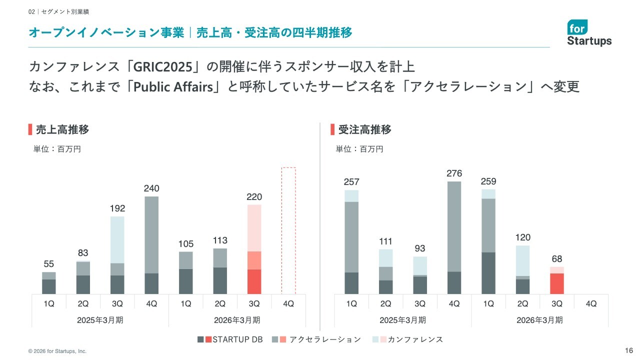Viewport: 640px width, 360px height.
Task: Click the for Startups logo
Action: pos(589,33)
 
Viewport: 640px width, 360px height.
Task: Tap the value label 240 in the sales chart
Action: pos(151,188)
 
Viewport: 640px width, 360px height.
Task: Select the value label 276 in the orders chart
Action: pos(454,173)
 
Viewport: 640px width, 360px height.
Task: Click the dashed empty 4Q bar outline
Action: pos(288,230)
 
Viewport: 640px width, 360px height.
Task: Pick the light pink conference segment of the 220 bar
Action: pos(254,228)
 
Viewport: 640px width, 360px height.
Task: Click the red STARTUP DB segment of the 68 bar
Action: pos(556,283)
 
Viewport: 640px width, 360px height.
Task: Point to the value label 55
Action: pos(48,264)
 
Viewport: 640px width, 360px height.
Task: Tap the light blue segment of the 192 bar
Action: pos(117,239)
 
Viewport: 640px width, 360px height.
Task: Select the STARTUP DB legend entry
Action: pos(230,339)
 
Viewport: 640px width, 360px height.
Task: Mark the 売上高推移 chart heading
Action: pos(62,130)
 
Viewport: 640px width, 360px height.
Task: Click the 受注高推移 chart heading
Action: pos(364,130)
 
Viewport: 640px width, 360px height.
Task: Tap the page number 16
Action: pos(629,350)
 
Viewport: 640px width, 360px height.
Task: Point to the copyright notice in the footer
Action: pos(57,351)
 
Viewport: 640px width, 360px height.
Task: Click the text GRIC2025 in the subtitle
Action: pos(163,66)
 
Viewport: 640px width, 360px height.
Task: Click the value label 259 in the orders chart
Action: pos(488,181)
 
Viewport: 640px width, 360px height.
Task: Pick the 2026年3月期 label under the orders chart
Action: pos(539,320)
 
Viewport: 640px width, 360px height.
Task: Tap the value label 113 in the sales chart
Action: pos(220,240)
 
